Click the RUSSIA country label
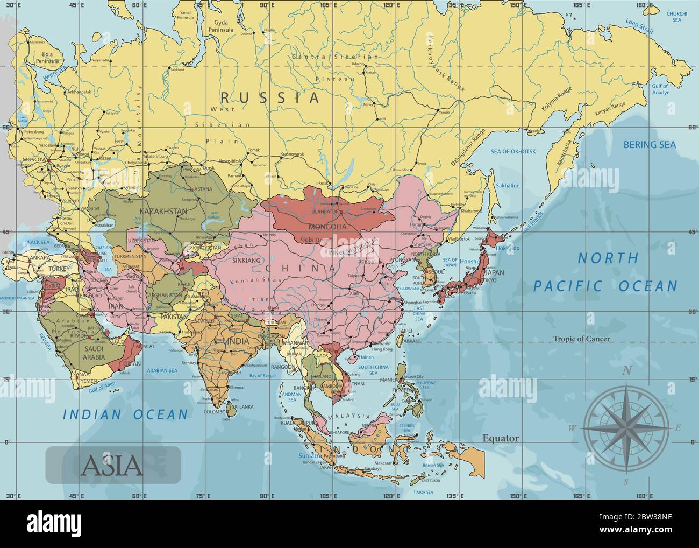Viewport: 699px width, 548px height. point(270,97)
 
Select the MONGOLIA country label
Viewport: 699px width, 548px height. point(329,227)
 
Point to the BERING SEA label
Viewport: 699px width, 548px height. point(650,144)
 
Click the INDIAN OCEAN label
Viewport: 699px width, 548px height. point(125,414)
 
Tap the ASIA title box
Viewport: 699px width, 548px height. point(113,465)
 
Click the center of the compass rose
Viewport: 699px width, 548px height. point(626,428)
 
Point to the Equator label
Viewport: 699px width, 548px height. point(501,438)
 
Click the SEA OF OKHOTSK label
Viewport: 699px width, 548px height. point(513,151)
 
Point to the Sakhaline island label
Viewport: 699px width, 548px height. point(508,186)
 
